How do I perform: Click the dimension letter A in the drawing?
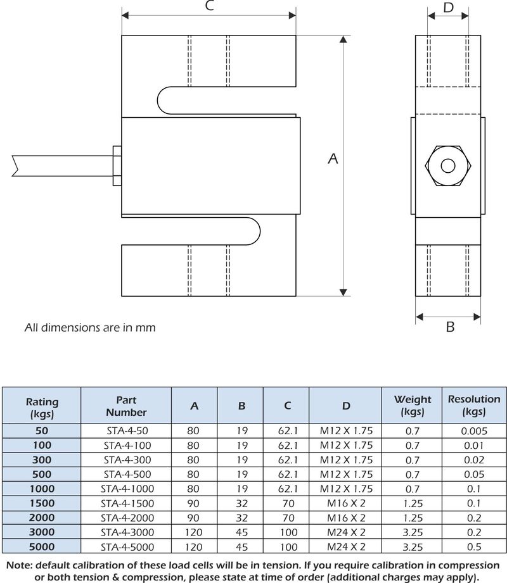(333, 160)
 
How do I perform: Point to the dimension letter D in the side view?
(448, 8)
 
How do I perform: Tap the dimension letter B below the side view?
(450, 327)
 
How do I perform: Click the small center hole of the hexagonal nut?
(448, 166)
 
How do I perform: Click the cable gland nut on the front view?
(117, 166)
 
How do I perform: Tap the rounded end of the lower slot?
(256, 230)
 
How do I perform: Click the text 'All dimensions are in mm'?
(89, 328)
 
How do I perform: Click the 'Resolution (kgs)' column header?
(473, 406)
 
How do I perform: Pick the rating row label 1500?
(42, 503)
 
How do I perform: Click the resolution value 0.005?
(474, 430)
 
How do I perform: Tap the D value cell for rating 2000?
(345, 518)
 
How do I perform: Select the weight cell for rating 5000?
(413, 547)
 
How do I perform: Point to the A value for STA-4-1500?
(193, 503)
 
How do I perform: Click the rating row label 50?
(42, 430)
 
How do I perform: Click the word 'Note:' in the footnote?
(22, 565)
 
